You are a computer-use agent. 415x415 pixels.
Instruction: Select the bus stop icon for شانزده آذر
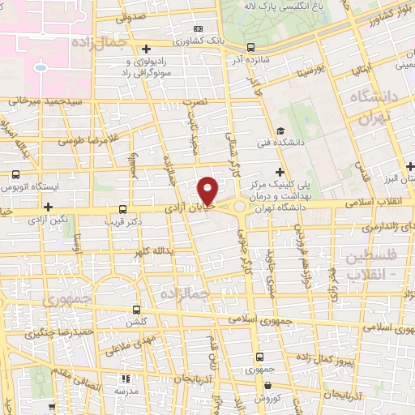click(x=250, y=46)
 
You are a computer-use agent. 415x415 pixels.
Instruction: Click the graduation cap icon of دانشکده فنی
click(x=280, y=131)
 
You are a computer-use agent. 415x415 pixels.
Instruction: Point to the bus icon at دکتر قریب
click(x=123, y=208)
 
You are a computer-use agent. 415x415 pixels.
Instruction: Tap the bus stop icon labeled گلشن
click(x=136, y=310)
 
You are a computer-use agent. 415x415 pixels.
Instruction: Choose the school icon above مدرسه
click(x=125, y=378)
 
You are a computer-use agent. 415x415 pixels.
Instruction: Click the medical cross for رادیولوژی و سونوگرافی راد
click(x=146, y=49)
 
